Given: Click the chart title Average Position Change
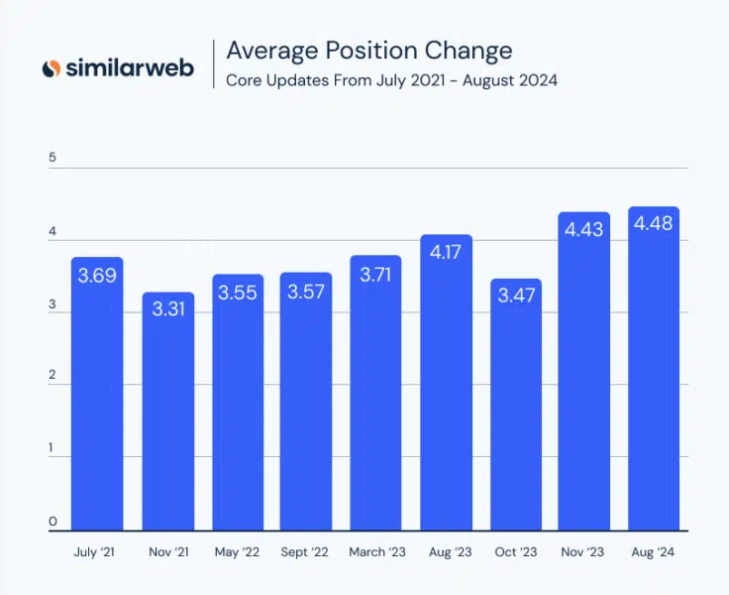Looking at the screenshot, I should point(368,51).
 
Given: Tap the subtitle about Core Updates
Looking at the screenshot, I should point(391,79).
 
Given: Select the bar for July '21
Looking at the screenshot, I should point(97,397).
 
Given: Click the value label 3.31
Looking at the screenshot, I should point(167,309).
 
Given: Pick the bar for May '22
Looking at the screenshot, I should point(237,407).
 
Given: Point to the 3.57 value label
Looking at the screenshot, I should point(306,292).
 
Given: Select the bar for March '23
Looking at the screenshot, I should point(375,397).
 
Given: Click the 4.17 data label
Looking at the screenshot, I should point(446,253).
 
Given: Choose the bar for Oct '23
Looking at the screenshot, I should point(515,407).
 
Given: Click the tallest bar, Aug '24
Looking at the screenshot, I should point(654,377).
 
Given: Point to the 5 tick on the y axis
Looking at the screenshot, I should point(52,158).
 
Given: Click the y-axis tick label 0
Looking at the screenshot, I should point(52,522).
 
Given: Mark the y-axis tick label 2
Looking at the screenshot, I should point(52,378).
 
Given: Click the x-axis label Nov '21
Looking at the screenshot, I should point(167,551).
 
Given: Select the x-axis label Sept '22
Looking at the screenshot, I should point(306,551).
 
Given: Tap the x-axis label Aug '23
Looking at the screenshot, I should point(446,551).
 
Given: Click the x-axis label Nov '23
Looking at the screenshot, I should point(584,551).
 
